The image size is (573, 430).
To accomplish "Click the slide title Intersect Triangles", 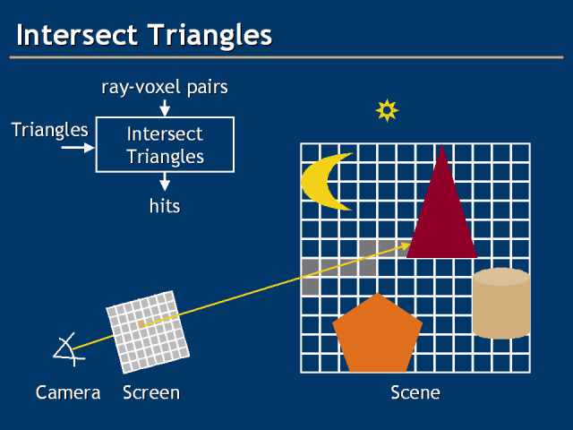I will [143, 35].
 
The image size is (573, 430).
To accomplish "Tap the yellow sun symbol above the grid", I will [387, 110].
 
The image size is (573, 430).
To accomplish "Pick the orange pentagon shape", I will [376, 336].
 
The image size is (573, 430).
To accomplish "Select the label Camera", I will [68, 392].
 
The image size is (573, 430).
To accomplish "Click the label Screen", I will [151, 392].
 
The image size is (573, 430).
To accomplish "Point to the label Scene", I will [415, 392].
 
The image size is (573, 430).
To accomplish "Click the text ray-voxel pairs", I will [164, 87].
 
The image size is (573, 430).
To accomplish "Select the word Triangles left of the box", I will [50, 130].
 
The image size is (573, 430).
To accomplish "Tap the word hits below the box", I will [165, 206].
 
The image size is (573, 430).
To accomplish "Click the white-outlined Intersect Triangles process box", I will [165, 145].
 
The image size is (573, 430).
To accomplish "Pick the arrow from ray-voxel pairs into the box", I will [165, 108].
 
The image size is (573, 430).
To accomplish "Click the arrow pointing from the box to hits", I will [165, 183].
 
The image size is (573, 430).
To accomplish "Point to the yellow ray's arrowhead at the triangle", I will [406, 245].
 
